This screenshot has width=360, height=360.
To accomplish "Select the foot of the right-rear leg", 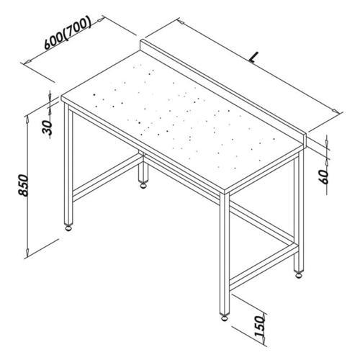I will click(297, 273).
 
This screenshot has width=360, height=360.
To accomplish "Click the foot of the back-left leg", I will click(144, 186).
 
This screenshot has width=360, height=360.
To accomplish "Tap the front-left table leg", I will click(69, 166).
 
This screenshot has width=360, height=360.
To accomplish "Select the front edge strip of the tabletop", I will click(144, 148).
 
